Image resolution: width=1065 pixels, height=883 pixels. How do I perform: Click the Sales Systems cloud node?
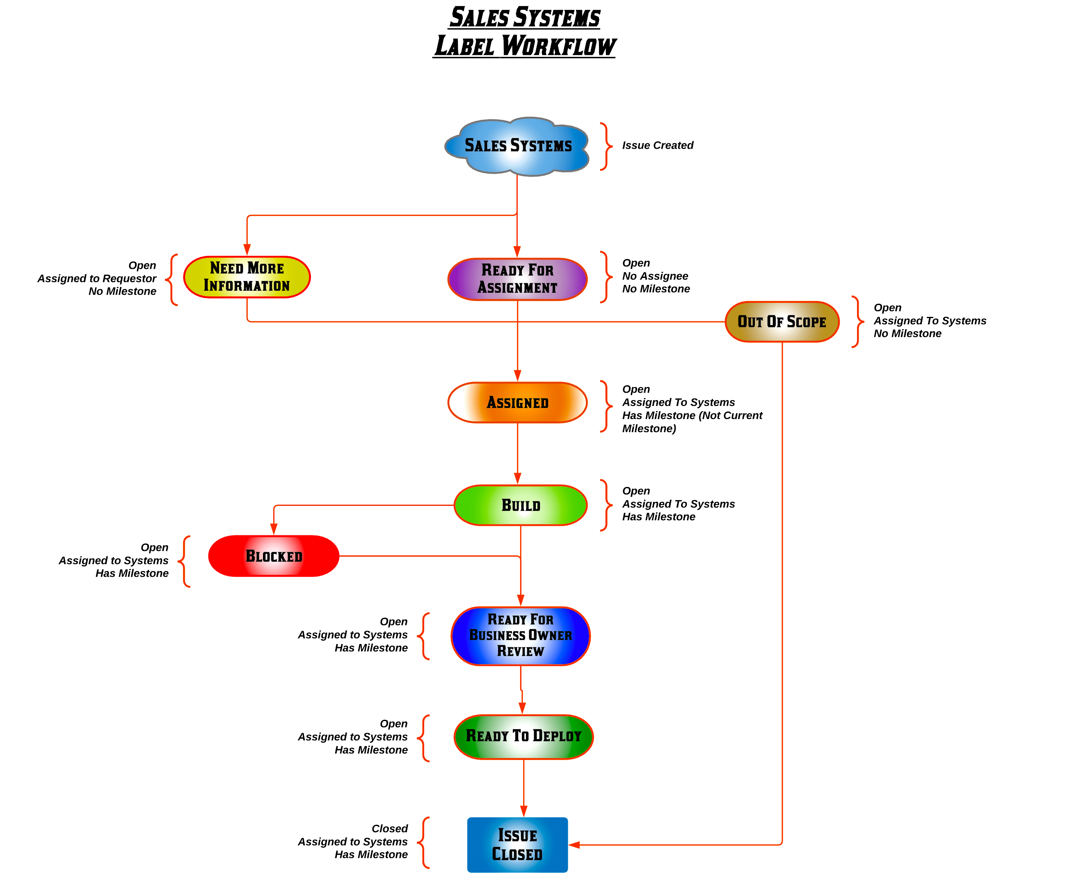click(x=517, y=146)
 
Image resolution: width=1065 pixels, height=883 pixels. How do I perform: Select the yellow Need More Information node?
click(x=247, y=277)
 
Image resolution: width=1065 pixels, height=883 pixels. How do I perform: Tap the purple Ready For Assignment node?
click(x=517, y=279)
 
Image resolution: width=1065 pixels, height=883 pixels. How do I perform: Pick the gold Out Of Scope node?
click(x=782, y=321)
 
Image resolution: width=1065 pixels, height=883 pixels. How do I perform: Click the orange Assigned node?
click(x=517, y=403)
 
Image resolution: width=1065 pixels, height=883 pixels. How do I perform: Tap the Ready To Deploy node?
click(x=523, y=736)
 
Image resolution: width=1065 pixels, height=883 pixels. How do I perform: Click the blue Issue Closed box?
click(x=517, y=844)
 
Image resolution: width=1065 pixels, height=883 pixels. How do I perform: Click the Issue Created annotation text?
click(x=657, y=146)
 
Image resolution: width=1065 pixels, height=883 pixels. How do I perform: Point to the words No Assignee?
click(x=655, y=276)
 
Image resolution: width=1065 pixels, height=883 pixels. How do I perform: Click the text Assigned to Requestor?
click(x=96, y=278)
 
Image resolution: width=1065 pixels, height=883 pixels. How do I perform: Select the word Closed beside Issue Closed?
click(x=389, y=828)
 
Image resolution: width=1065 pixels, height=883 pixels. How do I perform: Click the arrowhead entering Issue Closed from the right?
click(x=574, y=845)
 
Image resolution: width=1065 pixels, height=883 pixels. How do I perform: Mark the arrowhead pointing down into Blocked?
click(x=274, y=529)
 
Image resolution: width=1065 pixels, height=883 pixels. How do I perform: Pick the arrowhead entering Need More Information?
click(x=247, y=249)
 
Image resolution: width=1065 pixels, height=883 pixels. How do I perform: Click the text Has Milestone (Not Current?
click(x=692, y=415)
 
